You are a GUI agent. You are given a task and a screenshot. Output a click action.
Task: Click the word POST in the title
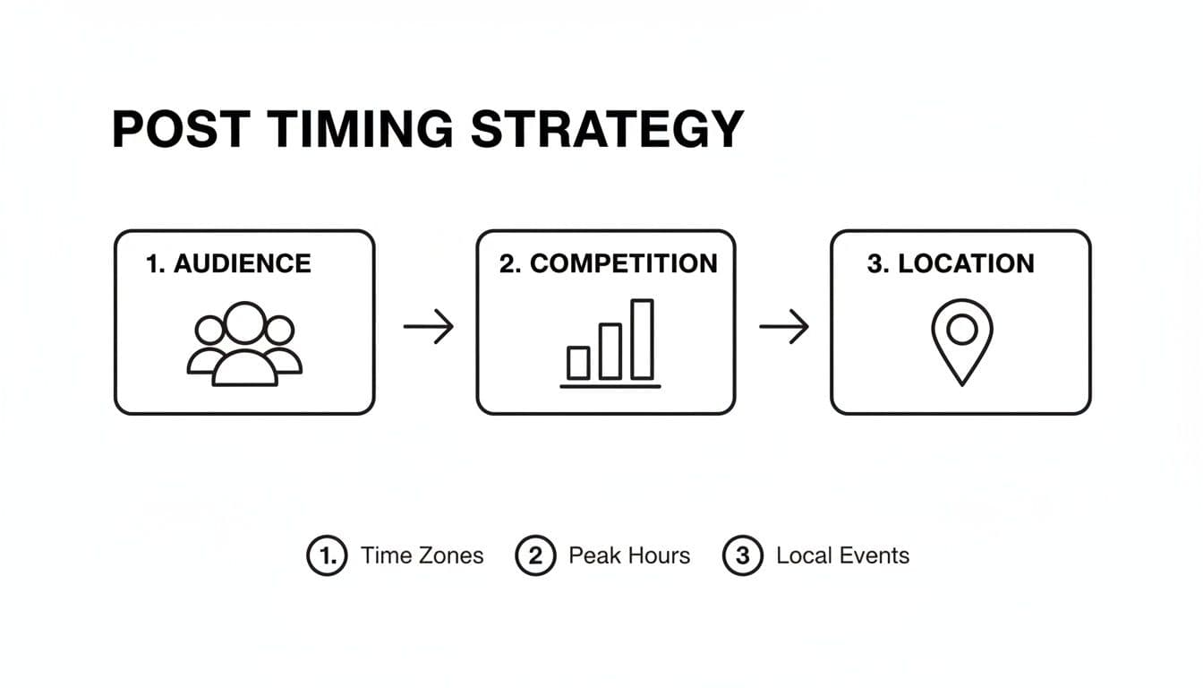point(182,129)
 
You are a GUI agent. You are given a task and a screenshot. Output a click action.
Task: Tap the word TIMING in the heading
point(361,129)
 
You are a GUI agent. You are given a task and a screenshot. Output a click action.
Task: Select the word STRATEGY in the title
point(607,129)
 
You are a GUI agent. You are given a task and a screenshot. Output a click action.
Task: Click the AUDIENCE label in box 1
point(243,264)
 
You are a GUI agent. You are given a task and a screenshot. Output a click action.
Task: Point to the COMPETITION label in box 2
point(624,264)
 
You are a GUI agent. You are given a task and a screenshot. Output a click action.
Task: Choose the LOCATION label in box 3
point(966,264)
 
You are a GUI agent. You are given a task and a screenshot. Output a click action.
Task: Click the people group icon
point(245,344)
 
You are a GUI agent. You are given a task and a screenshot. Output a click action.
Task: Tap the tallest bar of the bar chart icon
point(643,340)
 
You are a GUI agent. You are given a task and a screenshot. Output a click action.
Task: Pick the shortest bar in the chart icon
point(578,364)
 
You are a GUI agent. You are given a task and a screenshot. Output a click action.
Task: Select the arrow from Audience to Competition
point(429,326)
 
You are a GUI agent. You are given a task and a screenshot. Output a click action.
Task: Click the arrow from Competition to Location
point(784,326)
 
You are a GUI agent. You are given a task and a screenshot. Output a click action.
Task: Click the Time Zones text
point(422,555)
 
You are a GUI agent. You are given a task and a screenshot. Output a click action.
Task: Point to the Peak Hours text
point(629,555)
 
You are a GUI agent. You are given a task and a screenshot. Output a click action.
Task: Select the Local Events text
point(843,555)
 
